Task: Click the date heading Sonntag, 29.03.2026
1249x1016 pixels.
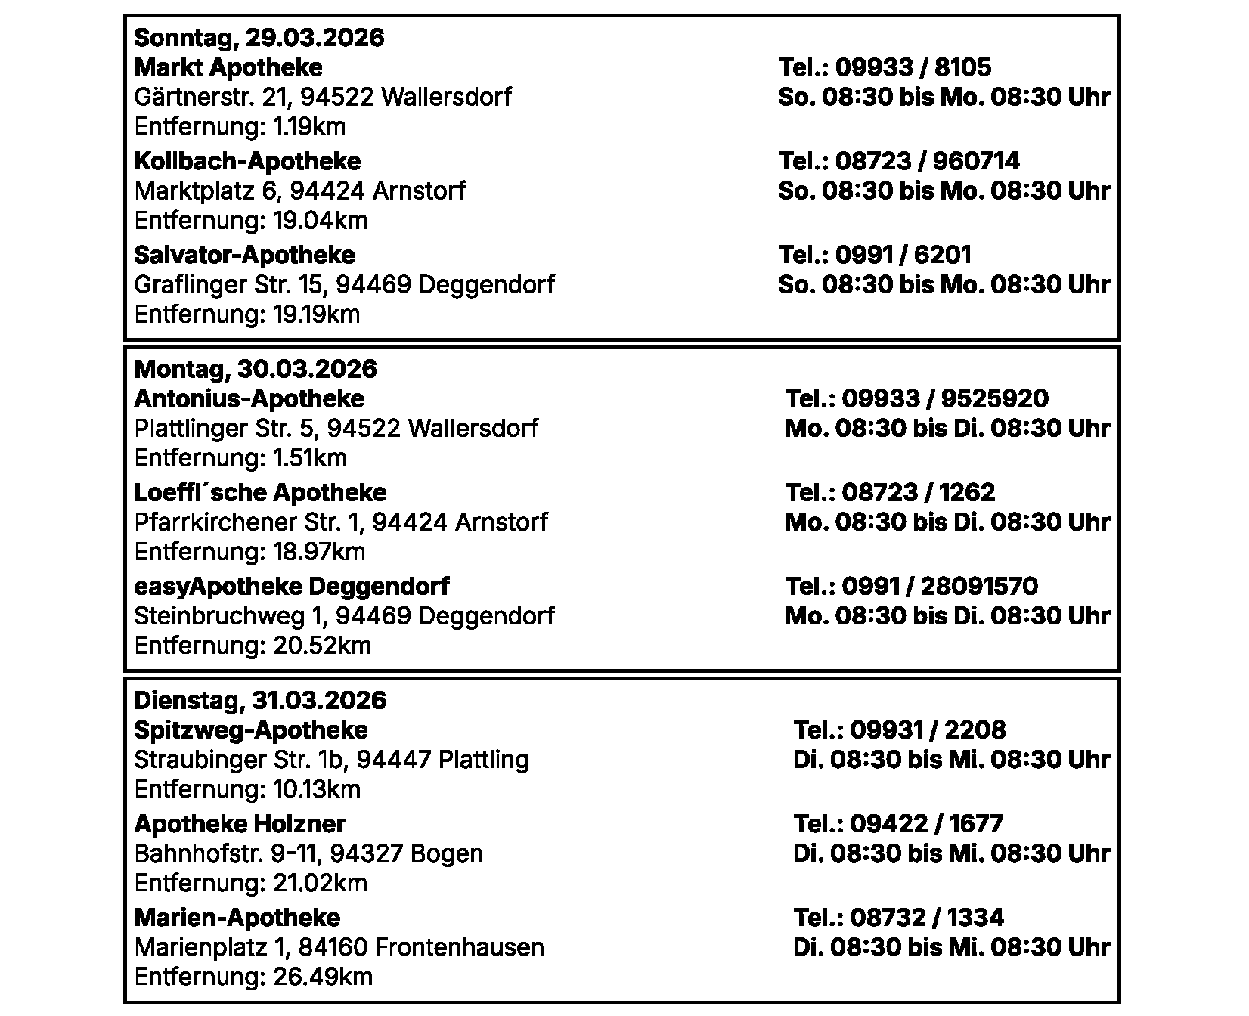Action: [259, 38]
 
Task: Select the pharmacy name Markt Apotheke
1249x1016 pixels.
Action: [228, 67]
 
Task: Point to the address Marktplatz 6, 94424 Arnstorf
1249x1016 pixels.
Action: [299, 190]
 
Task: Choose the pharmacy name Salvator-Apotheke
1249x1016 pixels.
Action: [244, 255]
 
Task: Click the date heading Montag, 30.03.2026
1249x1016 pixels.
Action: [255, 369]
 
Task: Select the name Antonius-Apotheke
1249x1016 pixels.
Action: [249, 398]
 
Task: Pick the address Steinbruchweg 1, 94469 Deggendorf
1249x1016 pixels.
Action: [344, 616]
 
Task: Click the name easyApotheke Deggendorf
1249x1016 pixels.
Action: [291, 586]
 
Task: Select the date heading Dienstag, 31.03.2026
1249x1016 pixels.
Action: [259, 700]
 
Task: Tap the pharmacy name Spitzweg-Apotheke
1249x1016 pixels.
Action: [250, 729]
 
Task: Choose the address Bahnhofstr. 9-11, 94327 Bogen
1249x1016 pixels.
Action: [308, 853]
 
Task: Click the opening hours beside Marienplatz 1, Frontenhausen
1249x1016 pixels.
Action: [951, 947]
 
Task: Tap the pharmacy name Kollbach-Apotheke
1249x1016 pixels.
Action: [247, 161]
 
